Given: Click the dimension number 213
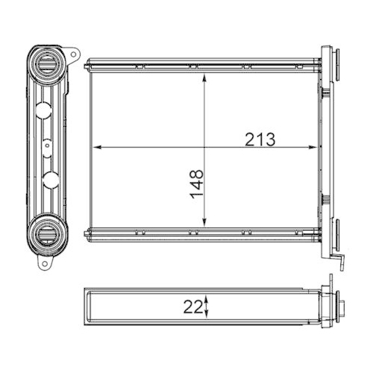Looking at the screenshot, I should (259, 139).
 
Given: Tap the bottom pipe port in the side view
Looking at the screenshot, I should (46, 235).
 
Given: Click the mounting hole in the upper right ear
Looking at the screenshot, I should (75, 54).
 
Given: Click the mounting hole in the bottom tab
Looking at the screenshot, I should (46, 264).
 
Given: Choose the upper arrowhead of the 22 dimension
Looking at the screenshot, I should (207, 295).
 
